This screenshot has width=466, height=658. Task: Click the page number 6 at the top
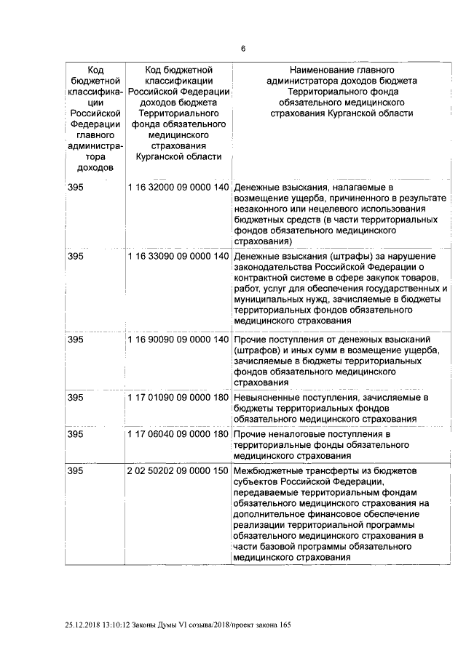243,49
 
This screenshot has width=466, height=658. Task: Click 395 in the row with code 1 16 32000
76,188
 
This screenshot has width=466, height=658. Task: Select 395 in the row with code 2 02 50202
76,470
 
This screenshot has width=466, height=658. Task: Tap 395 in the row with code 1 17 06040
76,434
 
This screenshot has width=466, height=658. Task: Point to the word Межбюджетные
268,470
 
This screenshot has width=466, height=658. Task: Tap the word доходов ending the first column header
95,166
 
